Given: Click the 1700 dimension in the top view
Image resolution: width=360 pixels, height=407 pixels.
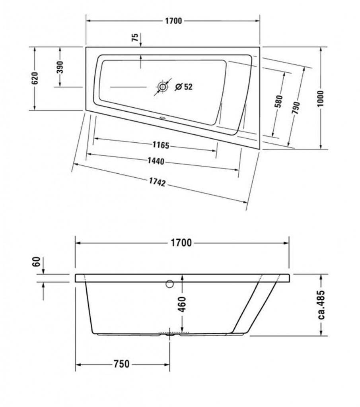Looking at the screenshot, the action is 173,21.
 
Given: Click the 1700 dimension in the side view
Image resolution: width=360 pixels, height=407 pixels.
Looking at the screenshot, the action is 181,243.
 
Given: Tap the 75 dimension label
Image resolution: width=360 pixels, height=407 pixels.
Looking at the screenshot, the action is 135,38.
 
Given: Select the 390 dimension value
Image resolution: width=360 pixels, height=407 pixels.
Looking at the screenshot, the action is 60,67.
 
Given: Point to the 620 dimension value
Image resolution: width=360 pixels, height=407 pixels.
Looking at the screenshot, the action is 35,78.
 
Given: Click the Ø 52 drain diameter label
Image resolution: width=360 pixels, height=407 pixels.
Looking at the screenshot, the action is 184,87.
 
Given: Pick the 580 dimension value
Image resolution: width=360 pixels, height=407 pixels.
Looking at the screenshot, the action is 278,101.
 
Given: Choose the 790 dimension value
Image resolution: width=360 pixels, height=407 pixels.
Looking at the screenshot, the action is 296,108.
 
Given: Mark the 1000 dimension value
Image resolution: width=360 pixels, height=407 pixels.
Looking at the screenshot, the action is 321,99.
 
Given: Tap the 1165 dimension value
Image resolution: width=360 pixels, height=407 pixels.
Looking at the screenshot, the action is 161,145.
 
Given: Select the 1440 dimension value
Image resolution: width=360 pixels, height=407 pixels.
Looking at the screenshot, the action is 156,161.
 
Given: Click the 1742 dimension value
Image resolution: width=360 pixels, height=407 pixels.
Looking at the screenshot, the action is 157,182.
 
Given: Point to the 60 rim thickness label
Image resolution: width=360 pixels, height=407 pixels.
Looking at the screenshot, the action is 37,262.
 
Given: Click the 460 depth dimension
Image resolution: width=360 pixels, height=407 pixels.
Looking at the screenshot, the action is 182,304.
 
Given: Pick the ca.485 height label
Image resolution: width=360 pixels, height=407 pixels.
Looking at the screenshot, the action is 321,305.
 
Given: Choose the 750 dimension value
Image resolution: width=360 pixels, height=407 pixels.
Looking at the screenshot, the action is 121,364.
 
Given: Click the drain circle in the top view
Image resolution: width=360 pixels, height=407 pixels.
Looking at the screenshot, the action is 163,87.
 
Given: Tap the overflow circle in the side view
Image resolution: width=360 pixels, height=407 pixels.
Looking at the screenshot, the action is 169,284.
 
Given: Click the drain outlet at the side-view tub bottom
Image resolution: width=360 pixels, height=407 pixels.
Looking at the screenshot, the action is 170,334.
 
